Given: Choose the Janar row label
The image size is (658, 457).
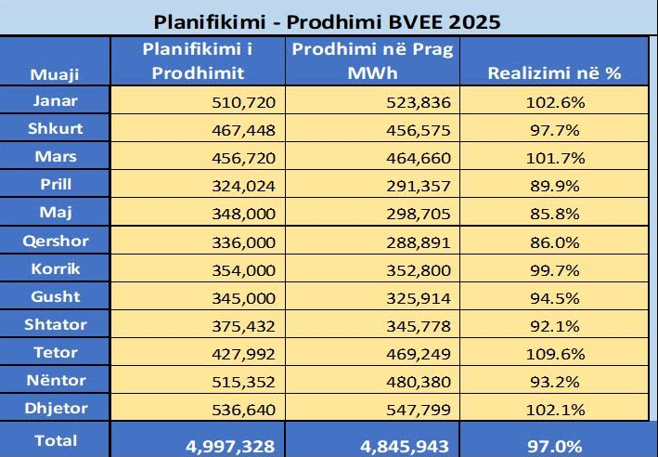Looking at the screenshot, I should coord(55,100).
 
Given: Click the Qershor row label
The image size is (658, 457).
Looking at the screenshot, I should coord(55,241).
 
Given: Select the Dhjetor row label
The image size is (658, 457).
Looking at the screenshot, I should coord(55,410).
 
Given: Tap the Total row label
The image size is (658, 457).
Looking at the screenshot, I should coord(55,441).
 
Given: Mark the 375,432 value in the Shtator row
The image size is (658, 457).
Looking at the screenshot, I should coord(244,326).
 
